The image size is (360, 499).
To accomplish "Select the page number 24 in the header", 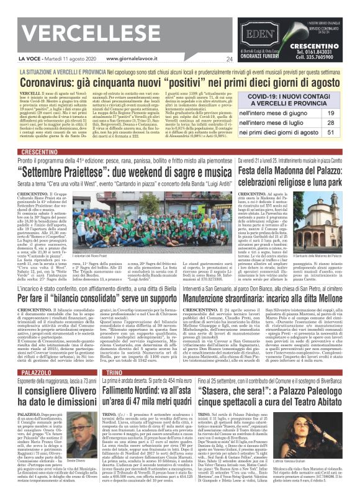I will tap(229, 59).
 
